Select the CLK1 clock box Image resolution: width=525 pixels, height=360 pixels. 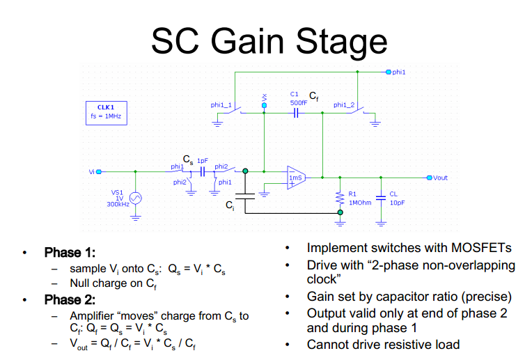click(x=104, y=112)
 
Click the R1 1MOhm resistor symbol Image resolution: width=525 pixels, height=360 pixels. click(x=340, y=198)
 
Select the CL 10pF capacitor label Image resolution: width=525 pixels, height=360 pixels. click(x=394, y=198)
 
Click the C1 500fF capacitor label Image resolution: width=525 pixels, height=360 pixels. click(x=298, y=98)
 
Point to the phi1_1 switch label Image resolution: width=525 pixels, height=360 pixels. click(x=221, y=104)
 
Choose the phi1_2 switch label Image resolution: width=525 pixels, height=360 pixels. click(x=344, y=104)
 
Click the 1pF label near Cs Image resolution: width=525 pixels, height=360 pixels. click(x=202, y=160)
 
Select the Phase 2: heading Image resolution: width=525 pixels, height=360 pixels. click(x=70, y=300)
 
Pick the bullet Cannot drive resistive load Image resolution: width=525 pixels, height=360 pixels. click(x=383, y=344)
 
